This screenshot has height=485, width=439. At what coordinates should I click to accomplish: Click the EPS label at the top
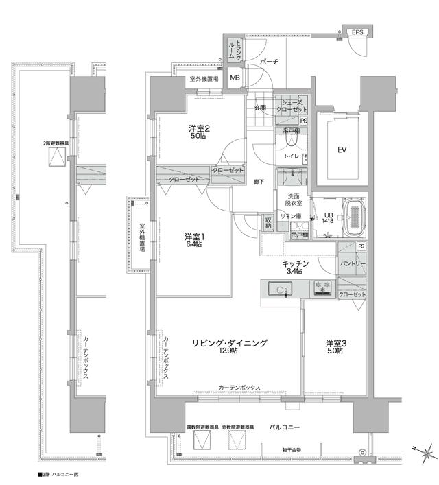358,32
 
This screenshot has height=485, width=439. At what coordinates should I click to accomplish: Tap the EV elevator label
341,150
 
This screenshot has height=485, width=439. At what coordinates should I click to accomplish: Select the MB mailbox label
235,78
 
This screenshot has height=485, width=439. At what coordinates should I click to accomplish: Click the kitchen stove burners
322,289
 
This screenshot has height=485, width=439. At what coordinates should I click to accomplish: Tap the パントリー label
352,263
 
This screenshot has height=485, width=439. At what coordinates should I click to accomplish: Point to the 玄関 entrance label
261,107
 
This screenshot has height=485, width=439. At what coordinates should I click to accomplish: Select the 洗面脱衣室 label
293,200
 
